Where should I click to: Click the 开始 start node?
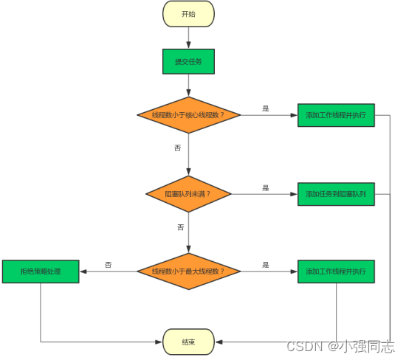[x=188, y=13]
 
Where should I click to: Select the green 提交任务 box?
[x=188, y=62]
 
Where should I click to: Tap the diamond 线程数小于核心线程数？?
[x=189, y=115]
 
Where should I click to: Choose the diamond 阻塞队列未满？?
[x=189, y=194]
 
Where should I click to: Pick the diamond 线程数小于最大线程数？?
[x=189, y=271]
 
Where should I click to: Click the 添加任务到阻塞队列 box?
[x=336, y=194]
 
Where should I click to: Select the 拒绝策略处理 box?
[x=41, y=271]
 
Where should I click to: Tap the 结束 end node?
[x=188, y=341]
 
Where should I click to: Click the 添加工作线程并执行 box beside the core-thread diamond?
[x=336, y=115]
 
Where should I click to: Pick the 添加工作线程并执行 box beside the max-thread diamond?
[x=336, y=271]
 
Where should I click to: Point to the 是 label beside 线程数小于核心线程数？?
[x=266, y=108]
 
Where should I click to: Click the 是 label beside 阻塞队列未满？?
[x=266, y=187]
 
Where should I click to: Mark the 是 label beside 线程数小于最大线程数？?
[x=266, y=264]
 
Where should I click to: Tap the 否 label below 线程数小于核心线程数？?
[x=177, y=148]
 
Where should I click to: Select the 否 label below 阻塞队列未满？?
[x=181, y=227]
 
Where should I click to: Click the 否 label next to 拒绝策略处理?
[x=109, y=264]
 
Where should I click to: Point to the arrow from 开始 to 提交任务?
[x=188, y=37]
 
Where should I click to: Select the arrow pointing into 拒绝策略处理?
[x=107, y=271]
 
